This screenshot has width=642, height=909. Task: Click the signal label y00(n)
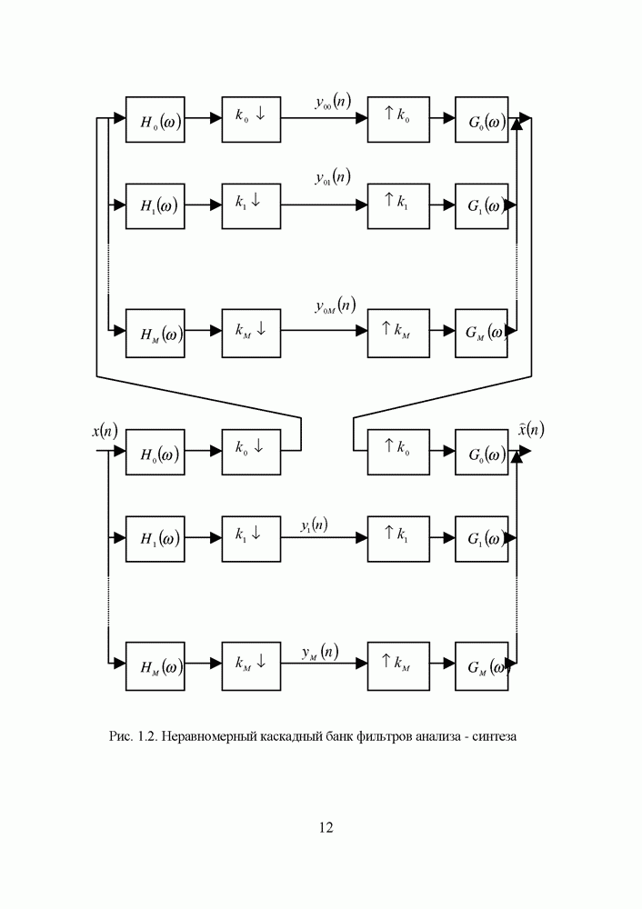[x=333, y=104]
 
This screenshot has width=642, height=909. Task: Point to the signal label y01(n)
[x=333, y=178]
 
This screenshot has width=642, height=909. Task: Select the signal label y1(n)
[x=315, y=524]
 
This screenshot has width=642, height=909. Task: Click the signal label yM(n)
[x=320, y=652]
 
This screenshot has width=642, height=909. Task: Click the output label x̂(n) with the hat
[x=531, y=429]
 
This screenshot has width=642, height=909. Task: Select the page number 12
[x=326, y=827]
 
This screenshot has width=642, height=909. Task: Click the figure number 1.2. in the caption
[x=146, y=736]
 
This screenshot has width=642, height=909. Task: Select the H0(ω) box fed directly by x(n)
[x=155, y=453]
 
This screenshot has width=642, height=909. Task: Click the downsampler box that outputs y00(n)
[x=251, y=118]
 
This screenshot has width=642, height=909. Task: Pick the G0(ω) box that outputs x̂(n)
[x=481, y=453]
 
